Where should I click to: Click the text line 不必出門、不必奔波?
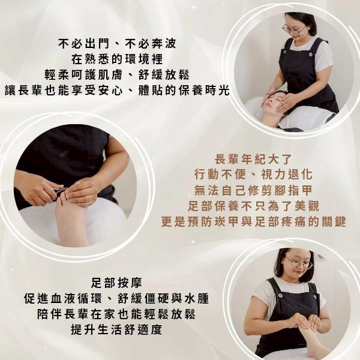(118, 44)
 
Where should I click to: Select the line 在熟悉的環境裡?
(118, 59)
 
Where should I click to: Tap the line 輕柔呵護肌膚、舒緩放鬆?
(118, 75)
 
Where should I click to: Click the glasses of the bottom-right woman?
(298, 262)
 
